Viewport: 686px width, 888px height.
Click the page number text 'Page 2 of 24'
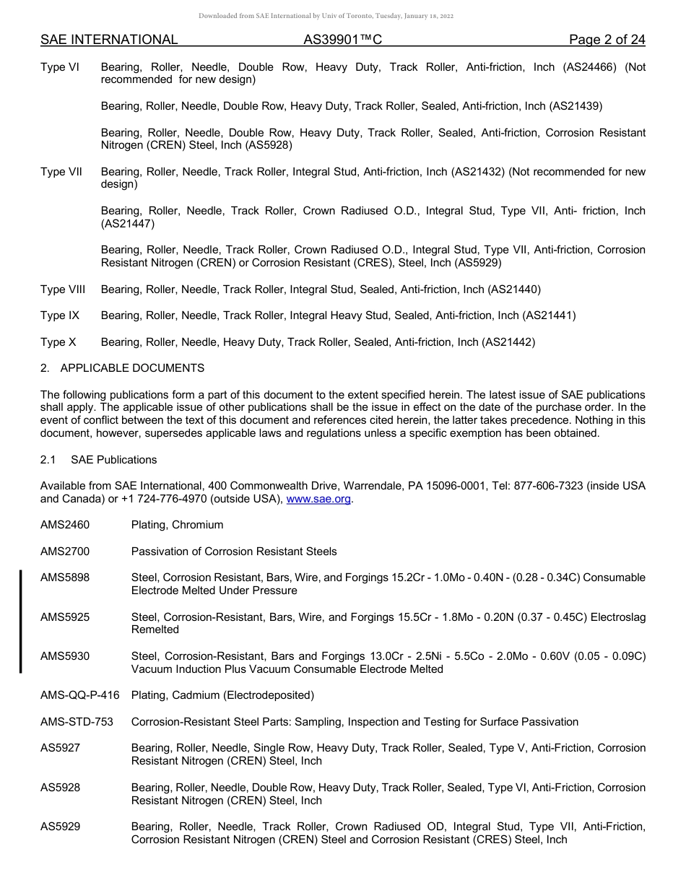607,40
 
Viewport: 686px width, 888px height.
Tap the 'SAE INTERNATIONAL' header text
109,40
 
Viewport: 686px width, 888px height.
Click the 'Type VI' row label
60,67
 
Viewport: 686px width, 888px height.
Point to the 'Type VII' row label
61,172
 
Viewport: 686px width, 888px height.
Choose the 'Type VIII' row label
63,290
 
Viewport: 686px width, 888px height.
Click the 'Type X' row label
58,342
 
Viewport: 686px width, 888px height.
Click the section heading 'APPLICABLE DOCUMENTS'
132,368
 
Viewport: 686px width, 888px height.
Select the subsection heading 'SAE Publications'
113,460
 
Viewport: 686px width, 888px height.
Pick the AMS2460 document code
65,525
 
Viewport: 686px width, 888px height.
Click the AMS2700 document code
65,552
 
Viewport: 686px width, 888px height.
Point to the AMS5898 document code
65,578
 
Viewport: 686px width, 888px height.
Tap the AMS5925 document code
65,617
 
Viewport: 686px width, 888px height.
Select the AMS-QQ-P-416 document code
80,696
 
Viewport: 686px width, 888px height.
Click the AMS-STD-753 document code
77,722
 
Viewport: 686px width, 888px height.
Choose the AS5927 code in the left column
60,749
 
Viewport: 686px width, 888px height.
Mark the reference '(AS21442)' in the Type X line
508,342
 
